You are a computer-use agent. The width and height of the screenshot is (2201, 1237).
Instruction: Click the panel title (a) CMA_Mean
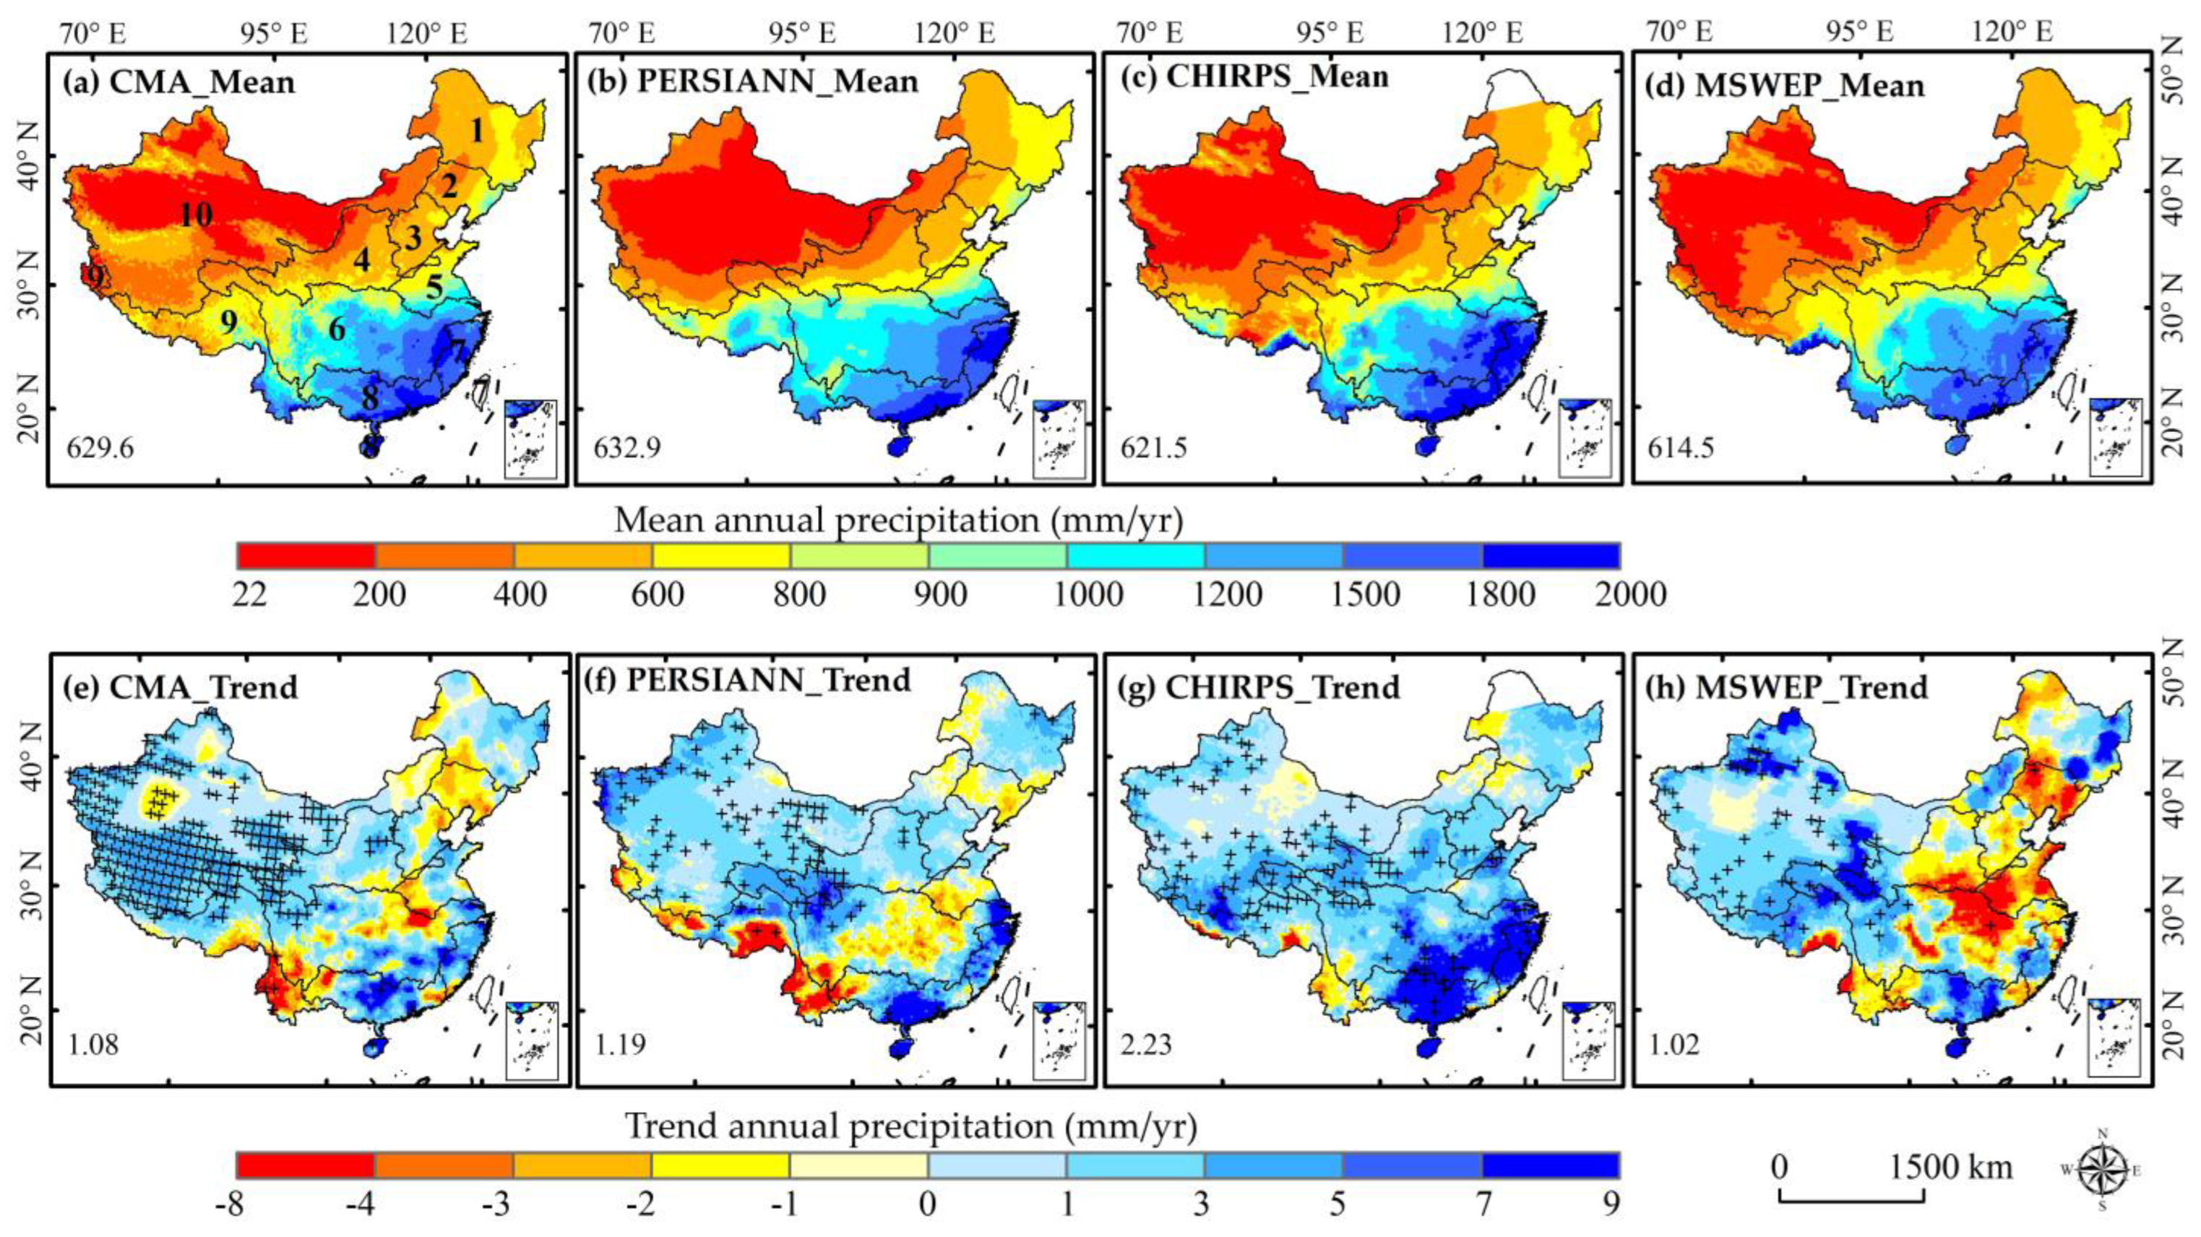(x=178, y=83)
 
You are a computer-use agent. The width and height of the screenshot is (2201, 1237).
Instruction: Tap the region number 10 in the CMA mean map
(x=196, y=215)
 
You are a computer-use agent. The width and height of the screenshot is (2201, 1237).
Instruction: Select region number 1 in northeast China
(x=477, y=131)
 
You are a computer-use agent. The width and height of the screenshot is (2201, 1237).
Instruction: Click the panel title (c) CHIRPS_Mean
(x=1278, y=77)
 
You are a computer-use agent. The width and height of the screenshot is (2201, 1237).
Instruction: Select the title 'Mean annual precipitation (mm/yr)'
(x=897, y=520)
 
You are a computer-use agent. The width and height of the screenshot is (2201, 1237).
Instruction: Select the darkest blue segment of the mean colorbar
(x=1550, y=556)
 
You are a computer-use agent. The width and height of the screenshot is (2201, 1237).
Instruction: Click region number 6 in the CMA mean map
(x=337, y=329)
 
